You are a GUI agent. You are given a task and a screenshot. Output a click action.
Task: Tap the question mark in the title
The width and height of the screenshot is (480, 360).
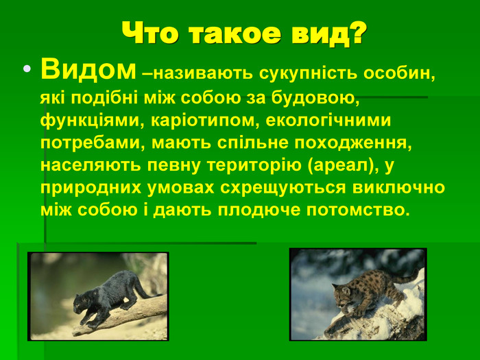[x=357, y=32]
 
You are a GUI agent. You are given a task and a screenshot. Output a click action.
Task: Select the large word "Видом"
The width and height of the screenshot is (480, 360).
[x=88, y=69]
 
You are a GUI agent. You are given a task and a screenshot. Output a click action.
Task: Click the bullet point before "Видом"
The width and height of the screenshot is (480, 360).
[x=27, y=69]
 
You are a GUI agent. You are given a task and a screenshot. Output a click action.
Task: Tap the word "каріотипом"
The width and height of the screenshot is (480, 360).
[x=203, y=121]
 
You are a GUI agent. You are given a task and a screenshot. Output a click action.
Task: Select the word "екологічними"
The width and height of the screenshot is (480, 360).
[x=328, y=121]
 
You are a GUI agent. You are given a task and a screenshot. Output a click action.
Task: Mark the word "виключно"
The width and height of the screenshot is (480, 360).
[x=398, y=188]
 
